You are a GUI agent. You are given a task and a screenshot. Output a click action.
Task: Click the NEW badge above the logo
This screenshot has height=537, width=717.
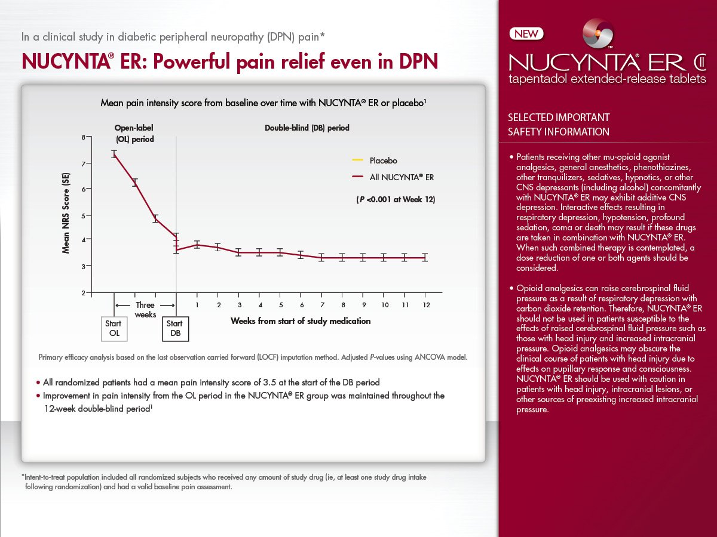click(526, 34)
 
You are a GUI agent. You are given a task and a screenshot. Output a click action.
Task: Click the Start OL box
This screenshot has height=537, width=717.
click(114, 329)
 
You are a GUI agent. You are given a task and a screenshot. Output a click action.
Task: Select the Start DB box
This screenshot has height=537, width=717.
click(176, 329)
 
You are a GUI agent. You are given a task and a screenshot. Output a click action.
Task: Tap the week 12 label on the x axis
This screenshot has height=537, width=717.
click(425, 305)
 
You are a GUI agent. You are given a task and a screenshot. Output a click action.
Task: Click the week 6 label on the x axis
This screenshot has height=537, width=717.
click(301, 305)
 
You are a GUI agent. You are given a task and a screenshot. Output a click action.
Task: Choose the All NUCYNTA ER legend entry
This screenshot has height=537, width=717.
click(401, 177)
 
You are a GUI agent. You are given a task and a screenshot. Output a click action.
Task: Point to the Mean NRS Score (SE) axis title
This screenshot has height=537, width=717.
click(67, 213)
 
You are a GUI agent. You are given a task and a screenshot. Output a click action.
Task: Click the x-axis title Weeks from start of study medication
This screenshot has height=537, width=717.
click(301, 321)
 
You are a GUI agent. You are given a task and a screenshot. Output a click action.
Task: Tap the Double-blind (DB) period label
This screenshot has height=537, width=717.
click(307, 128)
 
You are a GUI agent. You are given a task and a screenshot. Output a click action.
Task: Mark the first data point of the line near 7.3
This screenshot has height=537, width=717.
click(114, 154)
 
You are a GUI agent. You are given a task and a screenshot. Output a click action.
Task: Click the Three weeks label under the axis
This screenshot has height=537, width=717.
click(145, 310)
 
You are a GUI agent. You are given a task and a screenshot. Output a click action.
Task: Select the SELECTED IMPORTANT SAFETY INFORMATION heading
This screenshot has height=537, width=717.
click(558, 125)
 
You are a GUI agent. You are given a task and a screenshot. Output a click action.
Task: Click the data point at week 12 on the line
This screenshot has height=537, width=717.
click(425, 258)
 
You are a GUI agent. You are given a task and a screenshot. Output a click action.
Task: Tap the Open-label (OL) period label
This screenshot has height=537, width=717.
click(135, 133)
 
